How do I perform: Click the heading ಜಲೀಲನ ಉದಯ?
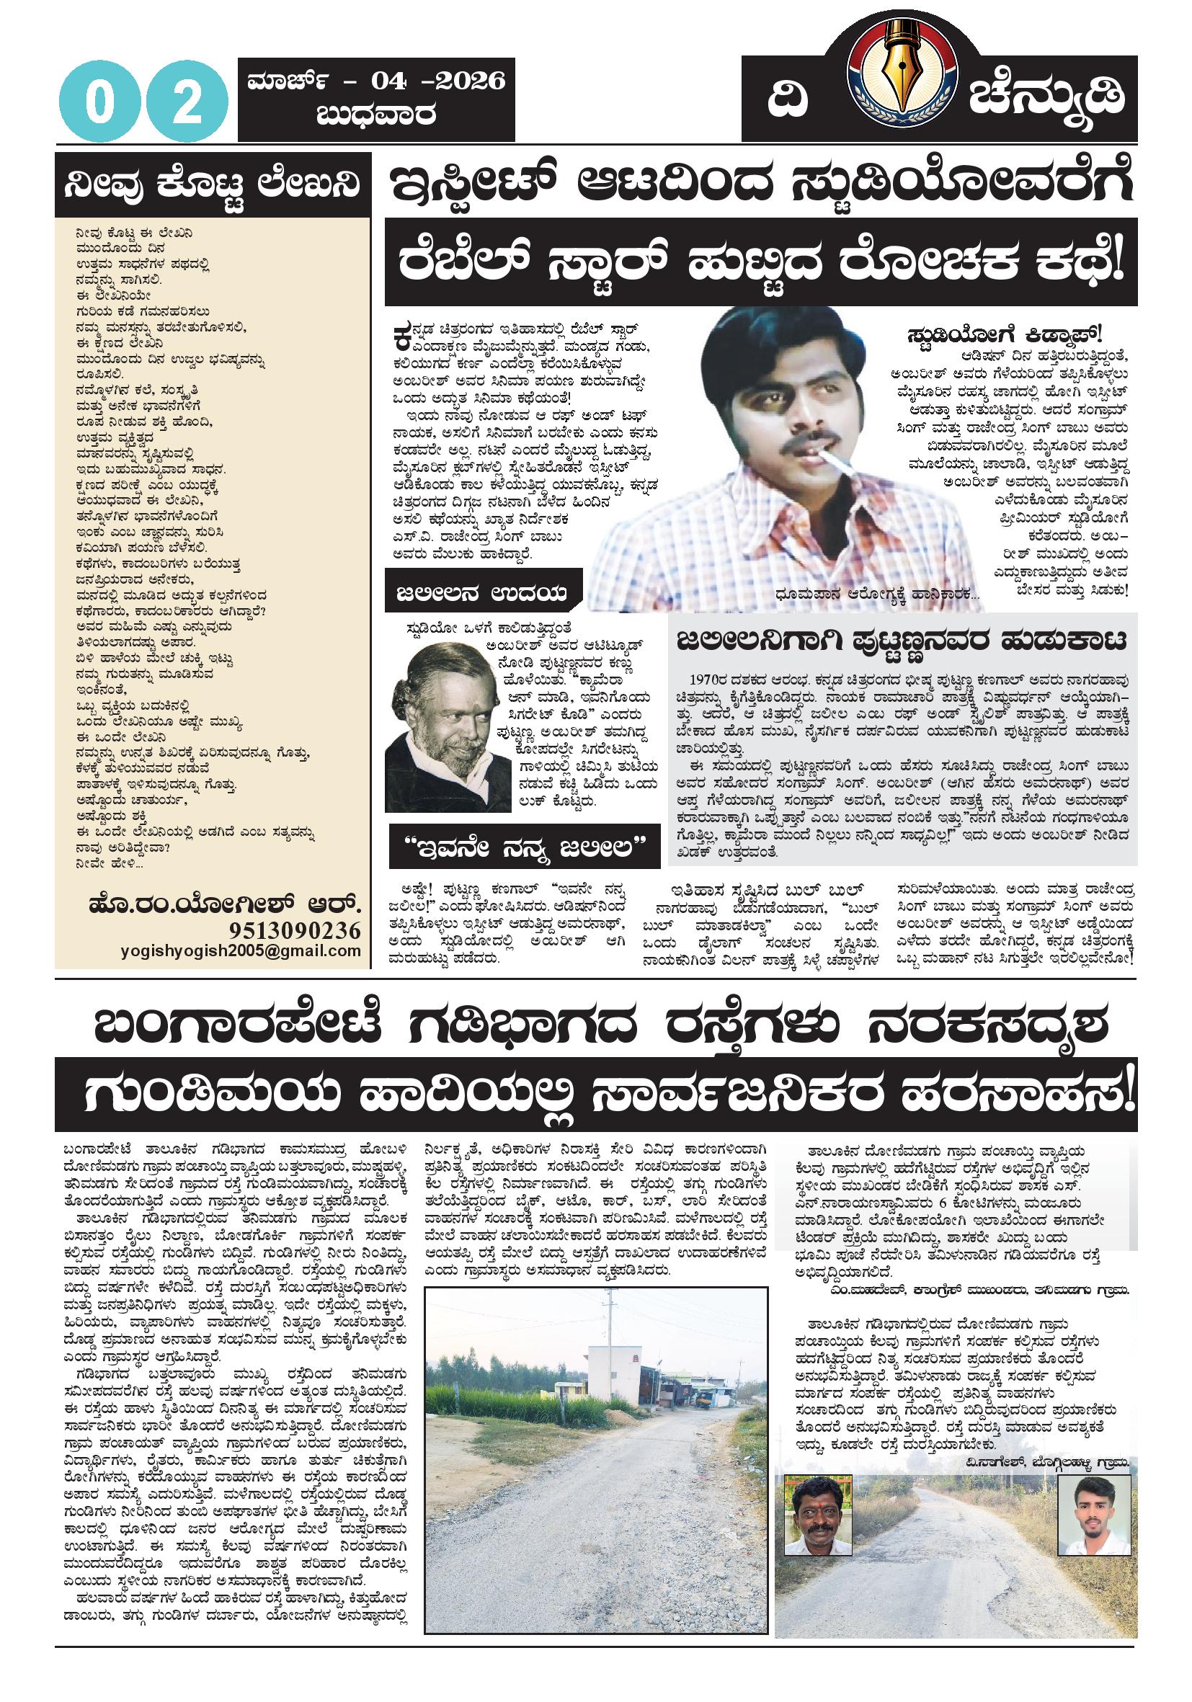pos(481,593)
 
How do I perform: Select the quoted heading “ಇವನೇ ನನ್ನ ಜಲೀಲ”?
pos(525,845)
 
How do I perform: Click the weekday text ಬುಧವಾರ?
pos(375,115)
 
